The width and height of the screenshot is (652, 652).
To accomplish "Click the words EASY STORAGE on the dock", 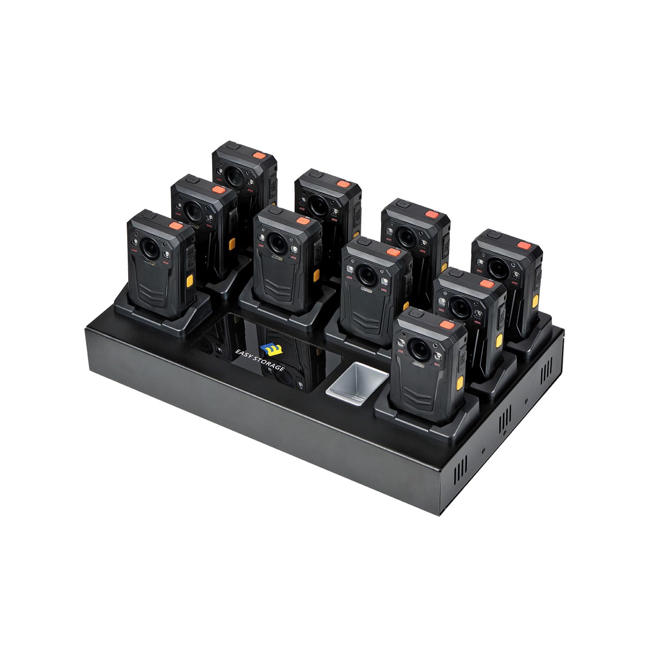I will click(260, 359).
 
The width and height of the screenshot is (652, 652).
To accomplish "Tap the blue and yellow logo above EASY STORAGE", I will click(269, 349).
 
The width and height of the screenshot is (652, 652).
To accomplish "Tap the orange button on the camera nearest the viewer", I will click(447, 325).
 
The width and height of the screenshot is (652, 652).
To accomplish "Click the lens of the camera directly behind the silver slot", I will click(366, 273).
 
